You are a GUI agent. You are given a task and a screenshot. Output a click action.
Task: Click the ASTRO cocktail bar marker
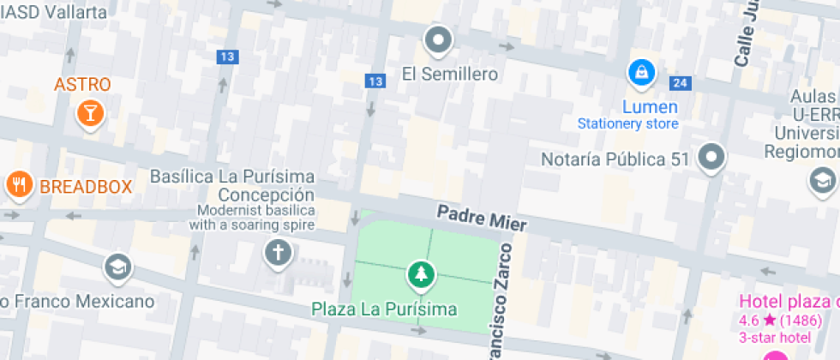[89, 112]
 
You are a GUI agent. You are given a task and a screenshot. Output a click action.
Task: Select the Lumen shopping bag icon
[640, 73]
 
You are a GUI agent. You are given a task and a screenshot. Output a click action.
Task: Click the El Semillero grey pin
[439, 39]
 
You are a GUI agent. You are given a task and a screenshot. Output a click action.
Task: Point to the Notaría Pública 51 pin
[711, 158]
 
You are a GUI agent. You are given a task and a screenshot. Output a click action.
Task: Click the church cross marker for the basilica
[277, 253]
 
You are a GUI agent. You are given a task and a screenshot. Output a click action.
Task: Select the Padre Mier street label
[481, 217]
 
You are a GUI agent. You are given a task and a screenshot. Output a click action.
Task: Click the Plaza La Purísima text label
[384, 309]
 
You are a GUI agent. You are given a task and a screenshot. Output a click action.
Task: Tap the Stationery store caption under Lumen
[628, 123]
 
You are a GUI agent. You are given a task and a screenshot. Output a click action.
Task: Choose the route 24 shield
[681, 83]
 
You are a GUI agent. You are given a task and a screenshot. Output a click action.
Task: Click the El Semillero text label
[450, 75]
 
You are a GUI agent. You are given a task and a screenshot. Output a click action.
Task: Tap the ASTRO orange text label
[82, 84]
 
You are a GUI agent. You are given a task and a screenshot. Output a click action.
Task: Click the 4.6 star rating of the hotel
[780, 321]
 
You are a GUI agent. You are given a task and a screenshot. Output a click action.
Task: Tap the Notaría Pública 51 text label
[616, 159]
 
